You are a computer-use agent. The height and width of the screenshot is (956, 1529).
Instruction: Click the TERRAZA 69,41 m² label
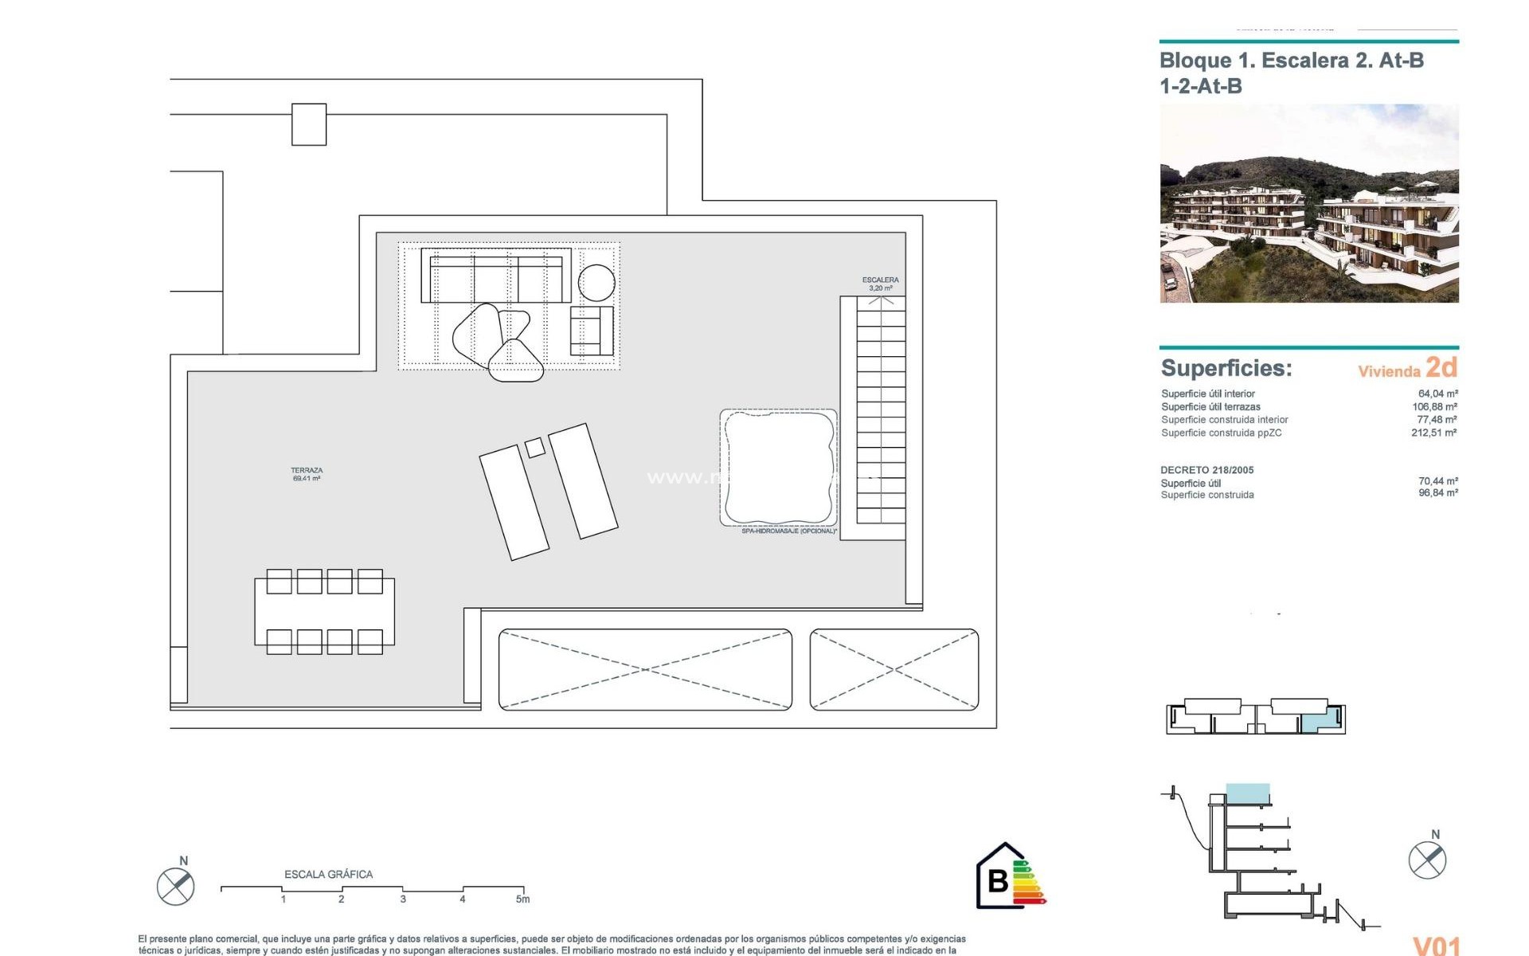pos(307,474)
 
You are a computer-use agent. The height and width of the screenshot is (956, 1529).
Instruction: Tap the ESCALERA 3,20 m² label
pos(880,284)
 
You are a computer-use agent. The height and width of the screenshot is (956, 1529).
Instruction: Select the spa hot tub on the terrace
pos(778,468)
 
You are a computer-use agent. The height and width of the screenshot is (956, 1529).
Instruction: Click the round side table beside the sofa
pos(596,282)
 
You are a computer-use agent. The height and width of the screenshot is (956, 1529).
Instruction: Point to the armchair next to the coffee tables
pos(591,331)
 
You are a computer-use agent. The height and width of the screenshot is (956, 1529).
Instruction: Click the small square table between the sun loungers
pos(535,447)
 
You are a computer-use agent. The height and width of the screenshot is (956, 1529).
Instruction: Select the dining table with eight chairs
pos(324,612)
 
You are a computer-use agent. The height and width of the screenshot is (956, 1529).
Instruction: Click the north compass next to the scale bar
pos(176,886)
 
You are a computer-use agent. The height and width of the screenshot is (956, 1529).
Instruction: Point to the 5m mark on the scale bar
pos(523,899)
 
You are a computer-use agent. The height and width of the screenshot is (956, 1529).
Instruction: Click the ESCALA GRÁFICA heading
pos(328,874)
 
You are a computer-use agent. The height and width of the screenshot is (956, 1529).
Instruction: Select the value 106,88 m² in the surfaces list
pos(1434,406)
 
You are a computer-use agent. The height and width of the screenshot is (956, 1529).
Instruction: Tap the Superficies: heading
pos(1226,368)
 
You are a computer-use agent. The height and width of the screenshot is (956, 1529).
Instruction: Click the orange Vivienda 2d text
pos(1407,368)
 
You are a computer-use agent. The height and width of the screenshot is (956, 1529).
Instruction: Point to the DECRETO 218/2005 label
pos(1206,470)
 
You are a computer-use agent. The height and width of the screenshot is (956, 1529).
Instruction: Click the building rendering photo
pos(1308,203)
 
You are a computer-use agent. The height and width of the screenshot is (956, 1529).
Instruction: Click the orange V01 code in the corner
pos(1436,945)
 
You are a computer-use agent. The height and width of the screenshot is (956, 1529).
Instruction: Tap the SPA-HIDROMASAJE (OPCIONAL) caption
pos(788,531)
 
